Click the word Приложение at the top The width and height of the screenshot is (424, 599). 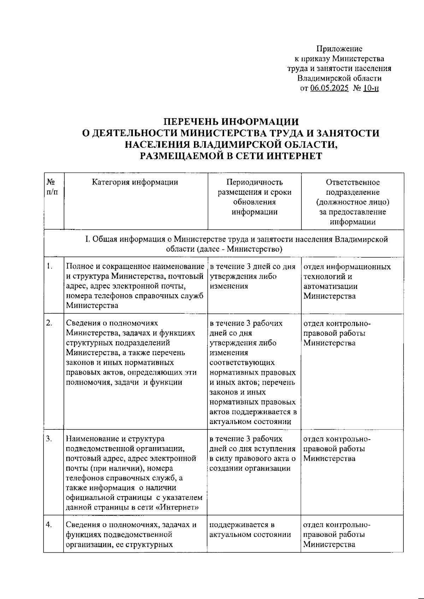tap(339, 49)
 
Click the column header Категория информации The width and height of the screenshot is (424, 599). tap(135, 182)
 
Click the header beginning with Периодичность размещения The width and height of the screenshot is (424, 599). tap(254, 197)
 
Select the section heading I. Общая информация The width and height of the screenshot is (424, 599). tap(236, 244)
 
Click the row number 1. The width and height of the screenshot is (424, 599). tap(49, 266)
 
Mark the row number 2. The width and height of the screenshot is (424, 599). tap(49, 323)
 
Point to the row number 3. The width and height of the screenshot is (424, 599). tap(49, 439)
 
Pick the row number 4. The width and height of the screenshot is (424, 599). tap(49, 525)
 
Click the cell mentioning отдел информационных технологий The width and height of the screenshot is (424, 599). tap(347, 281)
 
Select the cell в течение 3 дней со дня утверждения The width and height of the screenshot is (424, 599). tap(252, 276)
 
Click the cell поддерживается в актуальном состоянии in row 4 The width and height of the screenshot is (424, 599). tap(250, 530)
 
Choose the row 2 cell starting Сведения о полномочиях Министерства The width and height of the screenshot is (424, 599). tap(131, 353)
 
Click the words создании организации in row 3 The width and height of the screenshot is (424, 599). tap(250, 469)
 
